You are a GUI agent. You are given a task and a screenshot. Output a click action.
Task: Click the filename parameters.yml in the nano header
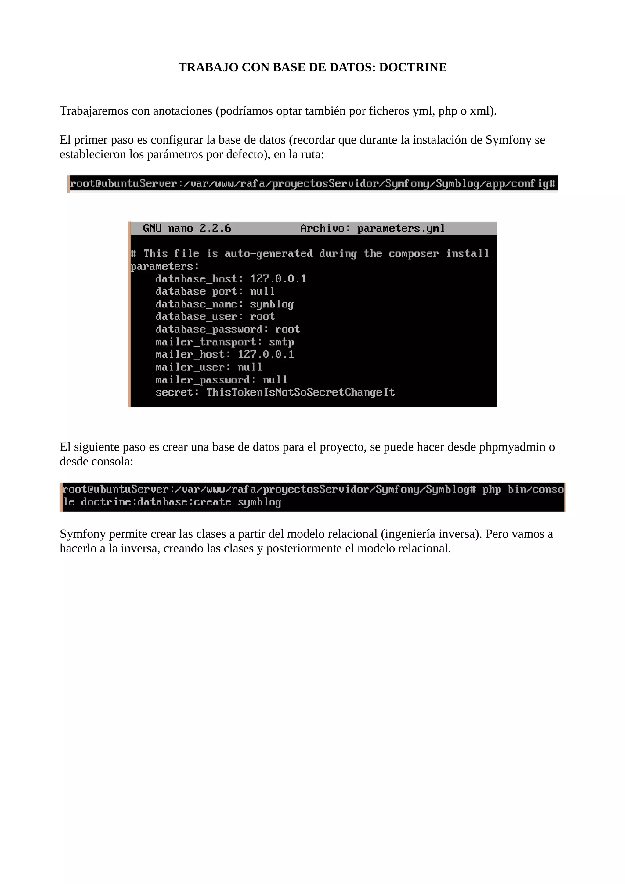tap(401, 229)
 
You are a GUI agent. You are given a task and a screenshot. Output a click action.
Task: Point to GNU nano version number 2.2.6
tap(215, 229)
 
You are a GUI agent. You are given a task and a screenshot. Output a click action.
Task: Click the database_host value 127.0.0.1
tap(278, 279)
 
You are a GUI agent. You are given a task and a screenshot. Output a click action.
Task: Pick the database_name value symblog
tap(272, 304)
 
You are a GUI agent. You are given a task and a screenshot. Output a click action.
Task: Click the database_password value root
tap(287, 329)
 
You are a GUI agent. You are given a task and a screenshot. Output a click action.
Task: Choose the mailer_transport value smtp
tap(281, 342)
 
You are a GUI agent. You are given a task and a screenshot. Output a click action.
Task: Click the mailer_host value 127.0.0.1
tap(266, 354)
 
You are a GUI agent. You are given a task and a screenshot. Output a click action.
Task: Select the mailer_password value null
tap(275, 380)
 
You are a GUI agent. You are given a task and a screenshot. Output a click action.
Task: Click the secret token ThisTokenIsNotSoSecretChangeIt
tap(300, 392)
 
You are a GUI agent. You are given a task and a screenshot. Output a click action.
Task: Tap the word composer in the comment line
tap(413, 254)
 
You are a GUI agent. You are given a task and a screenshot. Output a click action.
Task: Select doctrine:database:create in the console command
tap(156, 502)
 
